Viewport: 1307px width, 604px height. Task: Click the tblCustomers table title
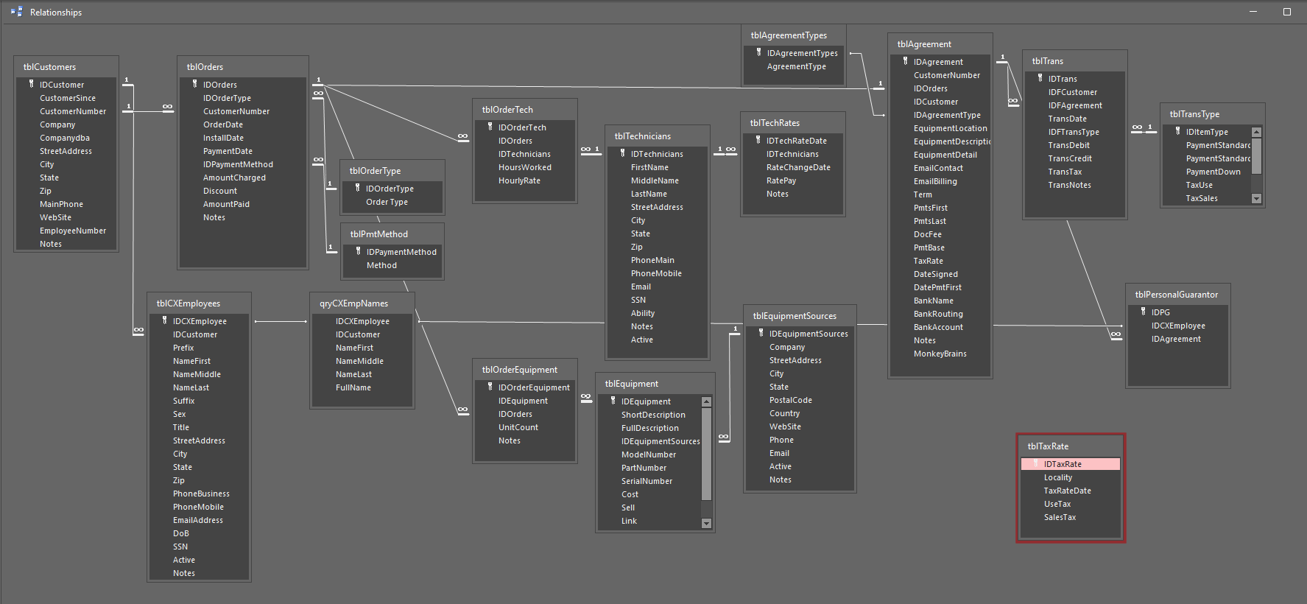coord(49,67)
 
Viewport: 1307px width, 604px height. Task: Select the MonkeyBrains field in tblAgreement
coord(940,354)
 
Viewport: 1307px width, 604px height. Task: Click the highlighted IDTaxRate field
coord(1063,464)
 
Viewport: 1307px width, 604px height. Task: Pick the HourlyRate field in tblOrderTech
coord(519,180)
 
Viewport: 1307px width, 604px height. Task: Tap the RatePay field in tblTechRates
coord(781,180)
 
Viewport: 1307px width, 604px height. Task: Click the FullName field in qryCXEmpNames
coord(353,387)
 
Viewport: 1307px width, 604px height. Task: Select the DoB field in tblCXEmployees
coord(181,533)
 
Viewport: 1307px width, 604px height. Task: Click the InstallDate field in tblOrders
coord(223,138)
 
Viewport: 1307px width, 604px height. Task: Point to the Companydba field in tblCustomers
coord(65,138)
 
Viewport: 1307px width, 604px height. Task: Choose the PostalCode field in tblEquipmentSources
coord(790,400)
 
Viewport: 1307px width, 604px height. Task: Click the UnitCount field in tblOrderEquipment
coord(518,427)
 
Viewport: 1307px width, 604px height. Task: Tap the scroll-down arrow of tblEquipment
coord(706,524)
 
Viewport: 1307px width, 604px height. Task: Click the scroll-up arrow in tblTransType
coord(1256,133)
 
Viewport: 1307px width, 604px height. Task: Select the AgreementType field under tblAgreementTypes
coord(796,66)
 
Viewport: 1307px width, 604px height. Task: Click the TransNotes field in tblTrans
coord(1069,185)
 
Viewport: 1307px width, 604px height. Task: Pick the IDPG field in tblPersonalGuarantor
coord(1160,312)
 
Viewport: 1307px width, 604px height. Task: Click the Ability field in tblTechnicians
coord(642,313)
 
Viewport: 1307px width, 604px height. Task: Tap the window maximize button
coord(1286,12)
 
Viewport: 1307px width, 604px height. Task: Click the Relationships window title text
coord(56,13)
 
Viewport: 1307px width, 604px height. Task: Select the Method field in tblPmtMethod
coord(381,265)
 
